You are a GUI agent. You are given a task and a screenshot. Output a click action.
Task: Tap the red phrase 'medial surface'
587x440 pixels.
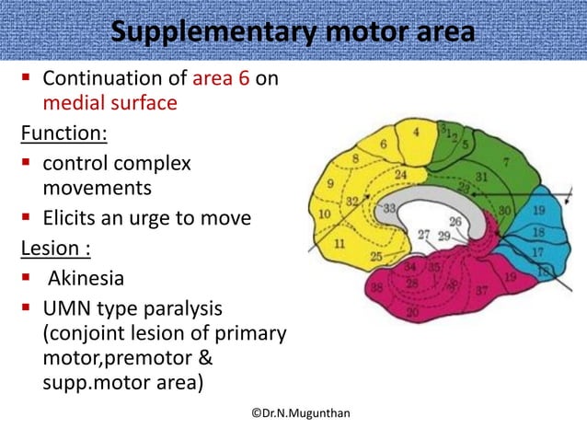[x=109, y=103]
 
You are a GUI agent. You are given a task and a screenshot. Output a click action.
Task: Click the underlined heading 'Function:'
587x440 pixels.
[x=63, y=135]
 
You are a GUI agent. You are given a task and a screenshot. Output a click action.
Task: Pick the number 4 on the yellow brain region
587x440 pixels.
[x=417, y=133]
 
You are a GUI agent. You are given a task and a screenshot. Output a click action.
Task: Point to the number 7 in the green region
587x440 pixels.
[x=506, y=163]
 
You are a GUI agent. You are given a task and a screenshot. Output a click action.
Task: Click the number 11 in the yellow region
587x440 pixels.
[x=340, y=244]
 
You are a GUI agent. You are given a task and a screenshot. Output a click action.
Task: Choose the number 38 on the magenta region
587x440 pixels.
[x=351, y=286]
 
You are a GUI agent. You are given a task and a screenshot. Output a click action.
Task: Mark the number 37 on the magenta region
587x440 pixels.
[x=479, y=291]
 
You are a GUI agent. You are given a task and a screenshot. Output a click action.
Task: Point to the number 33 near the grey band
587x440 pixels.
[x=389, y=209]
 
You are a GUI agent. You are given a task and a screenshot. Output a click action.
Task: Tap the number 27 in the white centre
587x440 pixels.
[x=423, y=235]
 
